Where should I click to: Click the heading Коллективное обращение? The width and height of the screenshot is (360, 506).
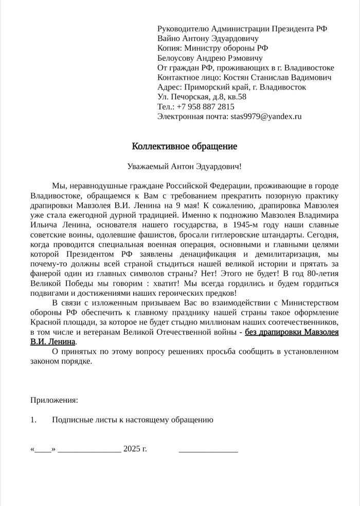tap(184, 147)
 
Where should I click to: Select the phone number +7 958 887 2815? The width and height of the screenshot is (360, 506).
tap(205, 106)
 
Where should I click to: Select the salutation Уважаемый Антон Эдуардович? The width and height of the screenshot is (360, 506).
tap(184, 167)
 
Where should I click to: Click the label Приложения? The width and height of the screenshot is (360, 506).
tap(55, 400)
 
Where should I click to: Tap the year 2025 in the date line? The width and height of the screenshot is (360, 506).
tap(131, 449)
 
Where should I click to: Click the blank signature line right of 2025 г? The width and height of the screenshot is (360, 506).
tap(208, 450)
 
